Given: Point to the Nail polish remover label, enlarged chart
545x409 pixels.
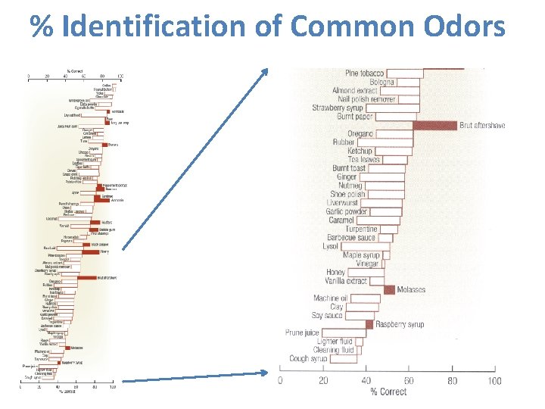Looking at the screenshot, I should tap(356, 99).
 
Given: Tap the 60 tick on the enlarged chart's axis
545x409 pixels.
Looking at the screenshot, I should tap(409, 380).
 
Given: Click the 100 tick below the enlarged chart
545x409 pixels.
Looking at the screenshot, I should tap(494, 380).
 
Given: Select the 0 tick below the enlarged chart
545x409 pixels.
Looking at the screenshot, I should tap(280, 380).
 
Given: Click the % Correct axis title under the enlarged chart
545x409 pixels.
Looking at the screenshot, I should tap(388, 392).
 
